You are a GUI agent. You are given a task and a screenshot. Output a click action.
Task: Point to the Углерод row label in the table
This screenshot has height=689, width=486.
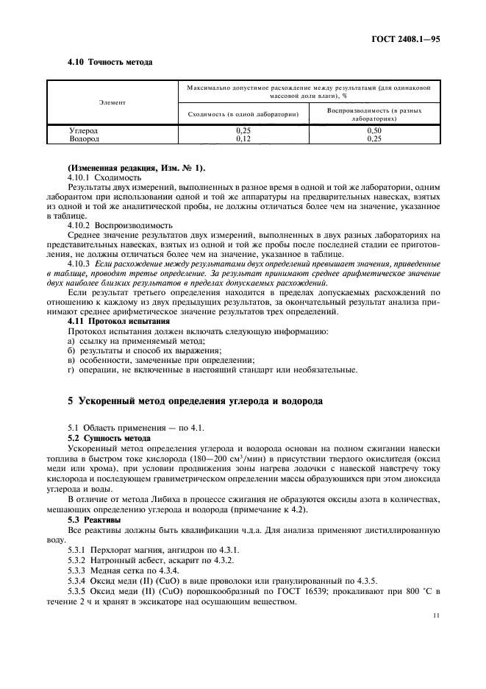pos(84,130)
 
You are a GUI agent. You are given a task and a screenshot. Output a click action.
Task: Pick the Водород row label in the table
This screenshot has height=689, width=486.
pos(84,138)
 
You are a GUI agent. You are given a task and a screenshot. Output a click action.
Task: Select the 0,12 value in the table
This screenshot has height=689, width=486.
pos(242,138)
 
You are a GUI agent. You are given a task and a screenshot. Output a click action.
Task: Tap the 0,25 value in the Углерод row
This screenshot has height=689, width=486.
pos(242,130)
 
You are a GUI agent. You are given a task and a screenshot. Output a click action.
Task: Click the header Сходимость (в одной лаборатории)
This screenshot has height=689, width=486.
pos(243,114)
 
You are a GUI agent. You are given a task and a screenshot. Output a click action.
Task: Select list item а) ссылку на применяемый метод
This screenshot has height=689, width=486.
pos(136,340)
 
